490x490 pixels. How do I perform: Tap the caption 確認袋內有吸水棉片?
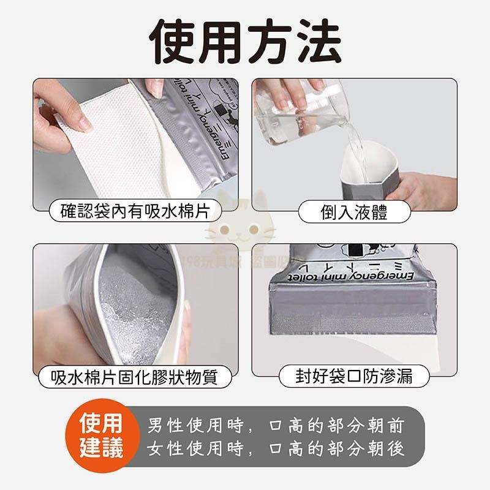tap(135, 212)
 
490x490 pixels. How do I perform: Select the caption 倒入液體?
tap(355, 212)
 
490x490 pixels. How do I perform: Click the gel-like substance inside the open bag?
tap(135, 306)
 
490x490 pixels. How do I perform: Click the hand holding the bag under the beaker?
tap(423, 190)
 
